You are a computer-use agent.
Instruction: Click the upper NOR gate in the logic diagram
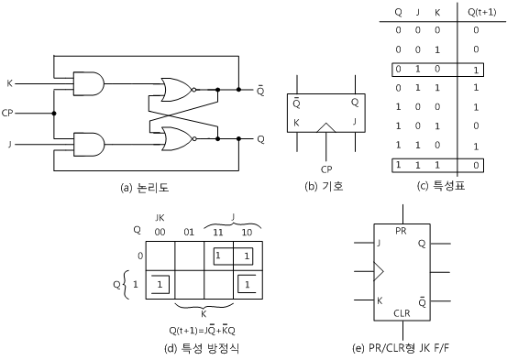pos(174,91)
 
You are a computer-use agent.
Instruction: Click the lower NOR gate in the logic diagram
pos(174,137)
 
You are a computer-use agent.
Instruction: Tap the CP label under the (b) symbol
pos(325,169)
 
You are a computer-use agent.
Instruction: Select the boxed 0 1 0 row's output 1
pos(475,70)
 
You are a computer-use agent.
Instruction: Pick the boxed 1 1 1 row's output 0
pos(475,165)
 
